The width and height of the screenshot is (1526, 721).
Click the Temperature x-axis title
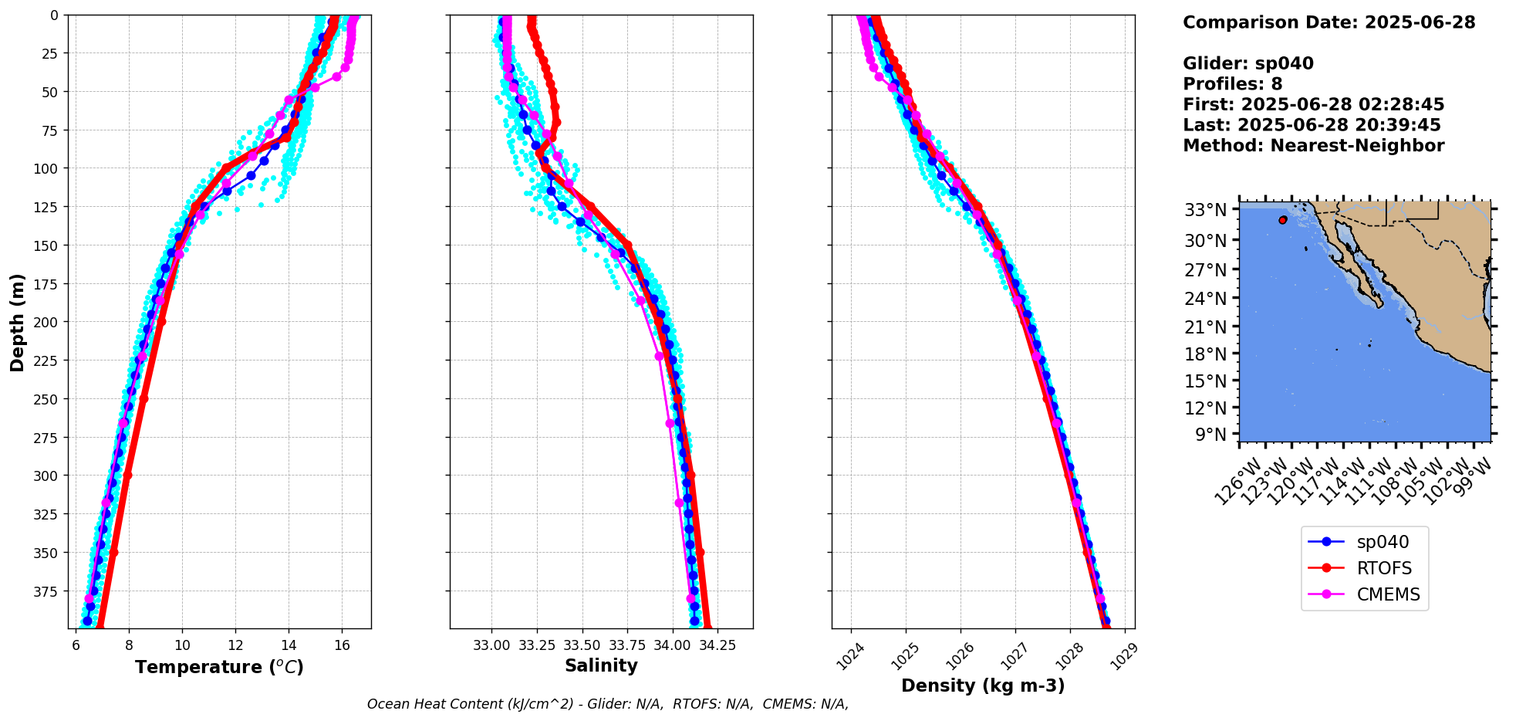pyautogui.click(x=219, y=667)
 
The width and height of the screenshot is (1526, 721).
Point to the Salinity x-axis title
pyautogui.click(x=601, y=665)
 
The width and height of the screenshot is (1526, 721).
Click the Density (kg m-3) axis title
pyautogui.click(x=983, y=685)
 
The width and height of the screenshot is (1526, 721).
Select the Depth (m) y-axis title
pyautogui.click(x=18, y=322)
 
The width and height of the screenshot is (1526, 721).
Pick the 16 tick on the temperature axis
pyautogui.click(x=342, y=645)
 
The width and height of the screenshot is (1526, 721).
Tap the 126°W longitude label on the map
pyautogui.click(x=1237, y=480)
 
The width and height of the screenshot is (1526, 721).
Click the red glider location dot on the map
pyautogui.click(x=1282, y=220)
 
